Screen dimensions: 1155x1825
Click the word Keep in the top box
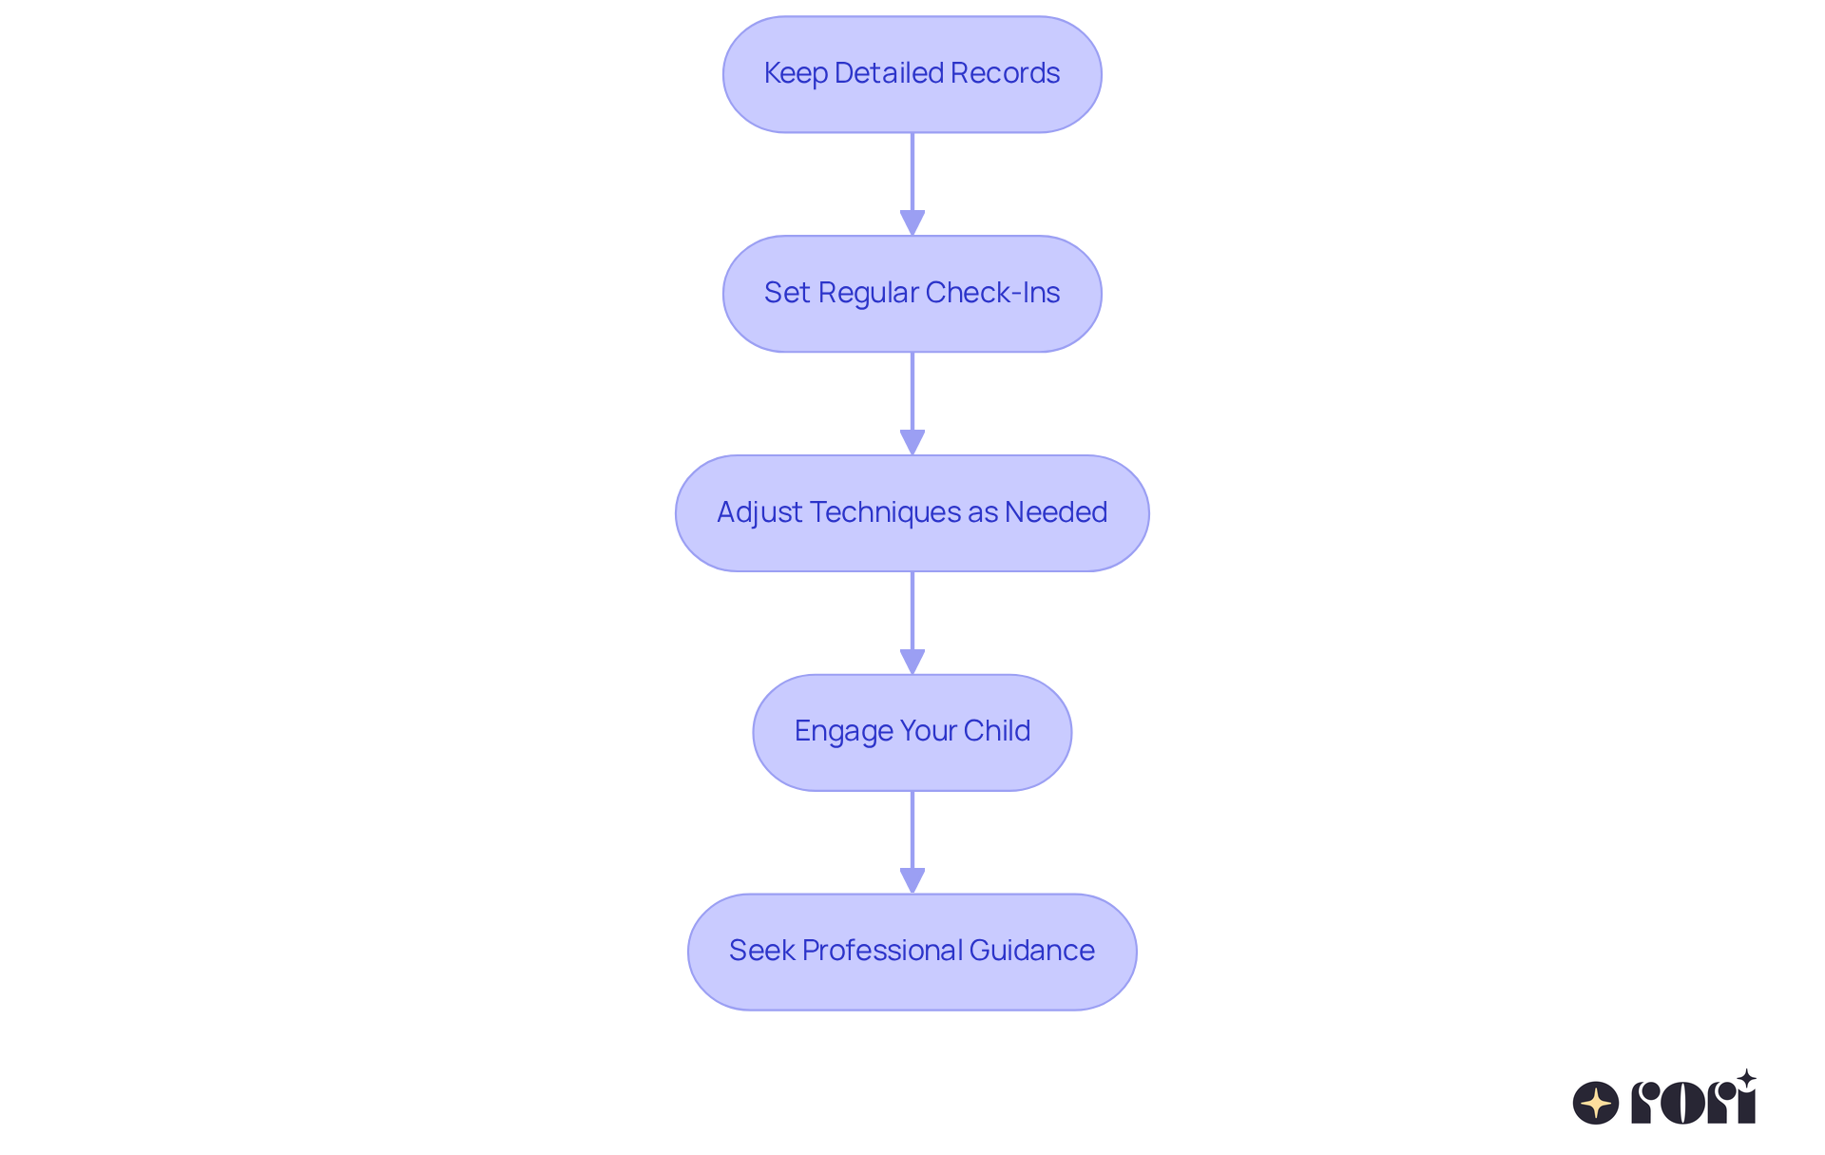(796, 73)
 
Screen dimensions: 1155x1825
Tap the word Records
(1005, 73)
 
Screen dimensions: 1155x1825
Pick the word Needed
(1056, 512)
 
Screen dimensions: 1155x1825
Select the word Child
(996, 731)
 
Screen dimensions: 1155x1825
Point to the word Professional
(883, 951)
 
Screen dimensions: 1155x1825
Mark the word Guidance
(1032, 951)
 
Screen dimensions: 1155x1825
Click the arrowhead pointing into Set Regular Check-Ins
(912, 222)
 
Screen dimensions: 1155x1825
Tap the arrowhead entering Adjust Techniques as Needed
(912, 442)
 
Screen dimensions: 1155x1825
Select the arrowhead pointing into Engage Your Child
(912, 662)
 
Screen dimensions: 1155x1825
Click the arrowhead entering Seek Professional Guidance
(912, 880)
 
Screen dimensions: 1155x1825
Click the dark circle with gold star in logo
(1596, 1103)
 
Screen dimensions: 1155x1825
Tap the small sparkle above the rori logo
(1746, 1079)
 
